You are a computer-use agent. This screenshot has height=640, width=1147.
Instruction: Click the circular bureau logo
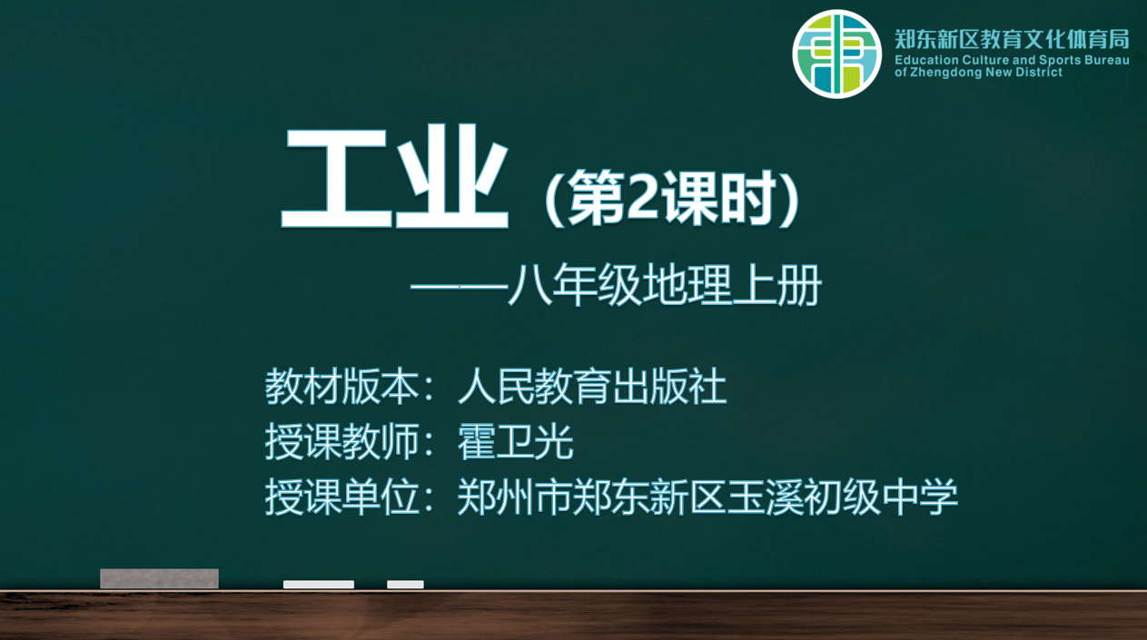836,54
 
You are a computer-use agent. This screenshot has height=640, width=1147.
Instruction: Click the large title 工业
395,177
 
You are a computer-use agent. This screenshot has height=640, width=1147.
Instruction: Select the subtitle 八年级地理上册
665,285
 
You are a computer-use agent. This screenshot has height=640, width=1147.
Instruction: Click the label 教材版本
342,387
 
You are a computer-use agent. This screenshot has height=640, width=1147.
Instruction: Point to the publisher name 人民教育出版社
592,387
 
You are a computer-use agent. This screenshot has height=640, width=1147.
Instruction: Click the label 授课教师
342,442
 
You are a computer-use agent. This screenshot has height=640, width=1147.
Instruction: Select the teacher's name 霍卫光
515,442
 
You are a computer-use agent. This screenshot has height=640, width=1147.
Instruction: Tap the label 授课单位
342,497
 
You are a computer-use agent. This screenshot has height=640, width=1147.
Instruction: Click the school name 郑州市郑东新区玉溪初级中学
707,497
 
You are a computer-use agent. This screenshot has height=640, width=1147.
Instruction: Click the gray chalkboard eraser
159,578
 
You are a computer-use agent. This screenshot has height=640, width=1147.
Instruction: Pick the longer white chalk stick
319,585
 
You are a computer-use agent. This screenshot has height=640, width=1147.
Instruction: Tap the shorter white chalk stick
405,585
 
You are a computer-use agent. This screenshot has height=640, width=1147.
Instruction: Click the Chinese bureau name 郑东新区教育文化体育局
1012,39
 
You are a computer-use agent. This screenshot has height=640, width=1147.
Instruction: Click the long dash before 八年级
459,287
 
